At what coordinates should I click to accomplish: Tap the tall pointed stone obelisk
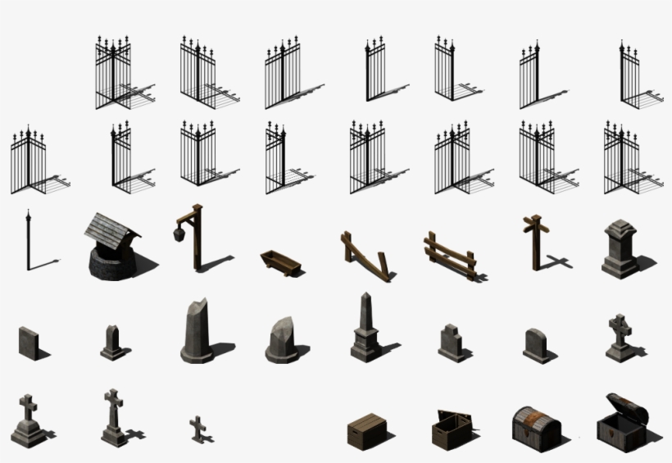pos(365,327)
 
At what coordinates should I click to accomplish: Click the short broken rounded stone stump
pos(281,337)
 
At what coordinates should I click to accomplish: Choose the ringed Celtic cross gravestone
pos(620,337)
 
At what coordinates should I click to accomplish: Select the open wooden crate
pos(451,428)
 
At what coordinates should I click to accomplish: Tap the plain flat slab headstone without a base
pos(28,341)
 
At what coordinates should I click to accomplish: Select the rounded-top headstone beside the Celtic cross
pos(535,344)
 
